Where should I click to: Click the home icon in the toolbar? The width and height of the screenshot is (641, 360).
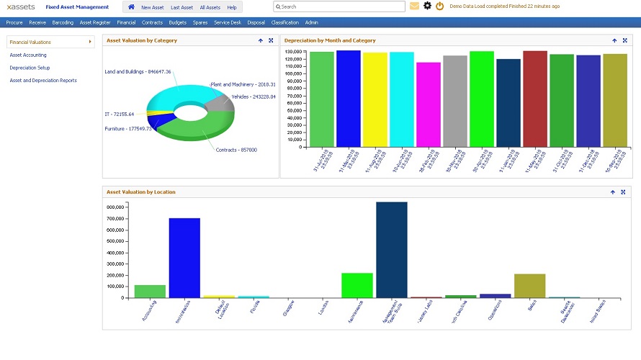pos(131,6)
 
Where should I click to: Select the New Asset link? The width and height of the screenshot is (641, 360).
pos(152,7)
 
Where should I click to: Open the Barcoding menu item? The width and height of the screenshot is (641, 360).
pos(63,22)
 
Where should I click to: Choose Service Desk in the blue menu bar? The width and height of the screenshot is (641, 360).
pos(228,22)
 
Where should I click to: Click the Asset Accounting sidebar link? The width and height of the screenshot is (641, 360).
pos(28,55)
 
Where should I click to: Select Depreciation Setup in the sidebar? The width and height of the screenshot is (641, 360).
pos(30,68)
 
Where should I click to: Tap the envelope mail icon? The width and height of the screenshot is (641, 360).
pos(414,6)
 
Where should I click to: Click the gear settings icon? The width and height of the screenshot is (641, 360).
pos(427,6)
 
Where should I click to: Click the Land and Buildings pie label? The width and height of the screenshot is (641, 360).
pos(138,72)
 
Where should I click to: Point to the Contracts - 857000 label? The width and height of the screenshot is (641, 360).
pos(236,150)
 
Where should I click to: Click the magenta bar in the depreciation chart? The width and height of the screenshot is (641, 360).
pos(429,104)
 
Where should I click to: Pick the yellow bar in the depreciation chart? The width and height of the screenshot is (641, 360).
pos(375,99)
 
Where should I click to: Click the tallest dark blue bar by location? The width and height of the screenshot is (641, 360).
pos(392,249)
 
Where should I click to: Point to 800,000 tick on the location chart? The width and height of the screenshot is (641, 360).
pos(115,207)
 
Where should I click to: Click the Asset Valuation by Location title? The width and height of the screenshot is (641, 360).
pos(140,192)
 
